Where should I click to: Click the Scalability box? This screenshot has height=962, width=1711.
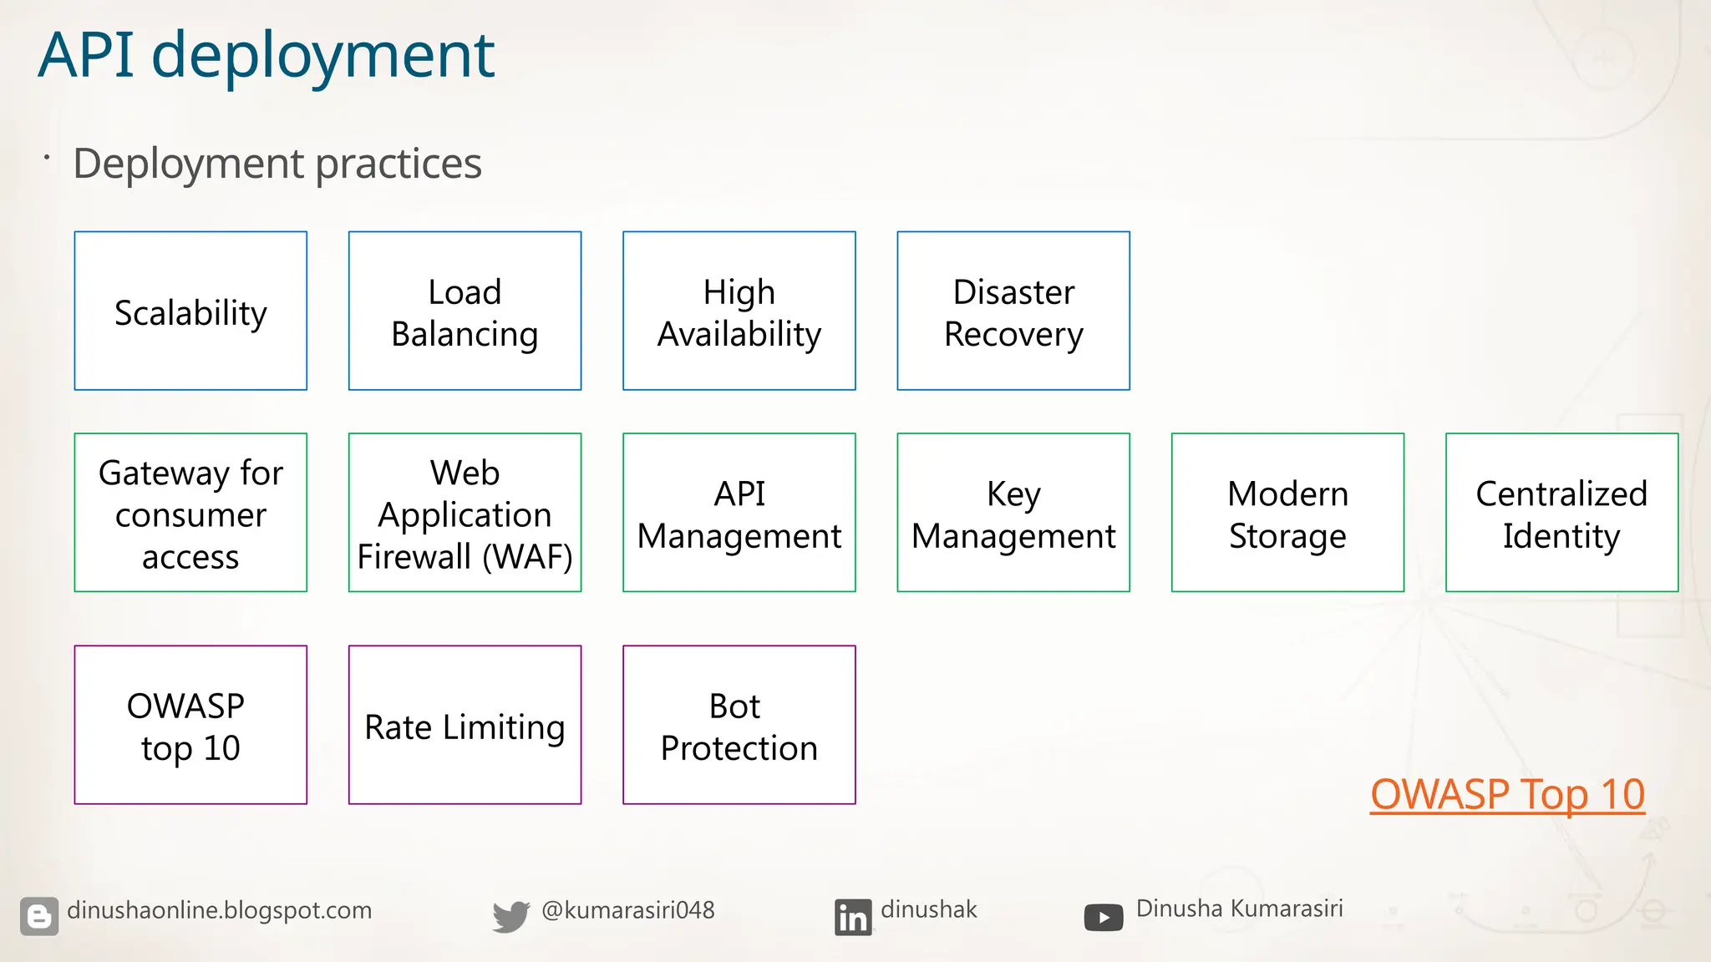(190, 311)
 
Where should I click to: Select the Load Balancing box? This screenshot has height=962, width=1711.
(465, 311)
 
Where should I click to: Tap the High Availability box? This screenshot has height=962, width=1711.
(739, 311)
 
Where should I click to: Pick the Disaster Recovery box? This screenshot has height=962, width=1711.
(1013, 311)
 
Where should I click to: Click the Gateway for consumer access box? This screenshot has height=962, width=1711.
(190, 513)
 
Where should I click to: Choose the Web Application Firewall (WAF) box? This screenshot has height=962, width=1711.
(465, 513)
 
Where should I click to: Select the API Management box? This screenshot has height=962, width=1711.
(739, 513)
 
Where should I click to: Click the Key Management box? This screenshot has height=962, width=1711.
(1013, 513)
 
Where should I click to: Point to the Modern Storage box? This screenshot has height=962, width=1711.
(1287, 513)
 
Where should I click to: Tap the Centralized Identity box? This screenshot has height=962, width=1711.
(1561, 513)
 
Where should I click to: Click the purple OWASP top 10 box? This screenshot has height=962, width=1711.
(190, 725)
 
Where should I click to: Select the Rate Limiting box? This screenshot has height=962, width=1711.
(465, 725)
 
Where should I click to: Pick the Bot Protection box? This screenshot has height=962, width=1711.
(739, 725)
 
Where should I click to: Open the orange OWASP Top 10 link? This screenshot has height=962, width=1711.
(1507, 794)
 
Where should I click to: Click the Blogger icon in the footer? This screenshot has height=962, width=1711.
(39, 916)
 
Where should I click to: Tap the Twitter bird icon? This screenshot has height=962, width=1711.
(510, 916)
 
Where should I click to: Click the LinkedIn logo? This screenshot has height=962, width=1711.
(852, 917)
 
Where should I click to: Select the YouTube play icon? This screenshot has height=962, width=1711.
(1103, 918)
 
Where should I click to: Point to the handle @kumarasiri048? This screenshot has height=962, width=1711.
(627, 910)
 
